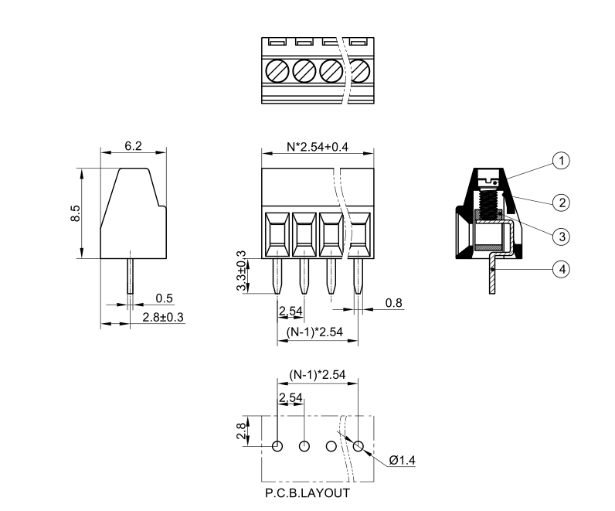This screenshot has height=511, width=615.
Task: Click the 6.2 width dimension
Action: (133, 146)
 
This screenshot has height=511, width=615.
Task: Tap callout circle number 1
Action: (562, 160)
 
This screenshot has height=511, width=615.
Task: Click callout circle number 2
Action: (562, 203)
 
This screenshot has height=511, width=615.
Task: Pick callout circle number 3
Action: (562, 235)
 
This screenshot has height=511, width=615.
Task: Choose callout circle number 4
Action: (562, 269)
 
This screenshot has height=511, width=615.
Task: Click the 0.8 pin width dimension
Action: (393, 302)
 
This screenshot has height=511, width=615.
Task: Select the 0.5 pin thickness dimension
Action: (164, 298)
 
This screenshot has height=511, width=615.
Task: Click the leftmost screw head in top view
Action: (277, 70)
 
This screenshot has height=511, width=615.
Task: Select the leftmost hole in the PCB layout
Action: (277, 446)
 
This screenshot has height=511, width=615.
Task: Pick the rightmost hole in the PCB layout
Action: (358, 446)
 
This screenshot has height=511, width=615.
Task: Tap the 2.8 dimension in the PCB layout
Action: (243, 431)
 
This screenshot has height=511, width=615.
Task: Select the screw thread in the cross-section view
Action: (489, 203)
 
